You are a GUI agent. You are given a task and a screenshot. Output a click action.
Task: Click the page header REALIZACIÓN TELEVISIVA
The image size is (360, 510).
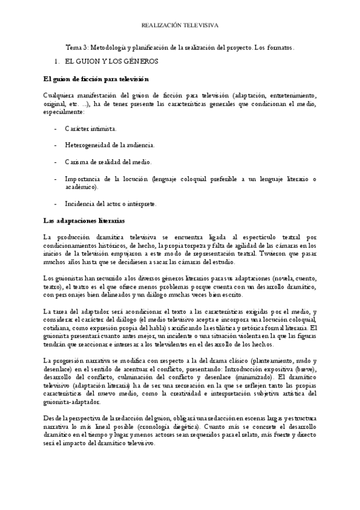click(180, 26)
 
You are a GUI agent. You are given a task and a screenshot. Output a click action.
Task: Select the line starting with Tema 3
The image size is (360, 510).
click(180, 47)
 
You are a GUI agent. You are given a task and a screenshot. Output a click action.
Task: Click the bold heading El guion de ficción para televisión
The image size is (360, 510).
click(96, 79)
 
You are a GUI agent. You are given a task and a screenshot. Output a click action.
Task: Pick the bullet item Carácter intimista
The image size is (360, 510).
click(91, 129)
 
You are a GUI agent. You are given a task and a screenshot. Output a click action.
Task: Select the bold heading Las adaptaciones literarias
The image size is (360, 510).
click(84, 221)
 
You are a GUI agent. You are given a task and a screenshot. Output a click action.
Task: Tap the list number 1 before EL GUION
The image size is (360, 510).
click(55, 61)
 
